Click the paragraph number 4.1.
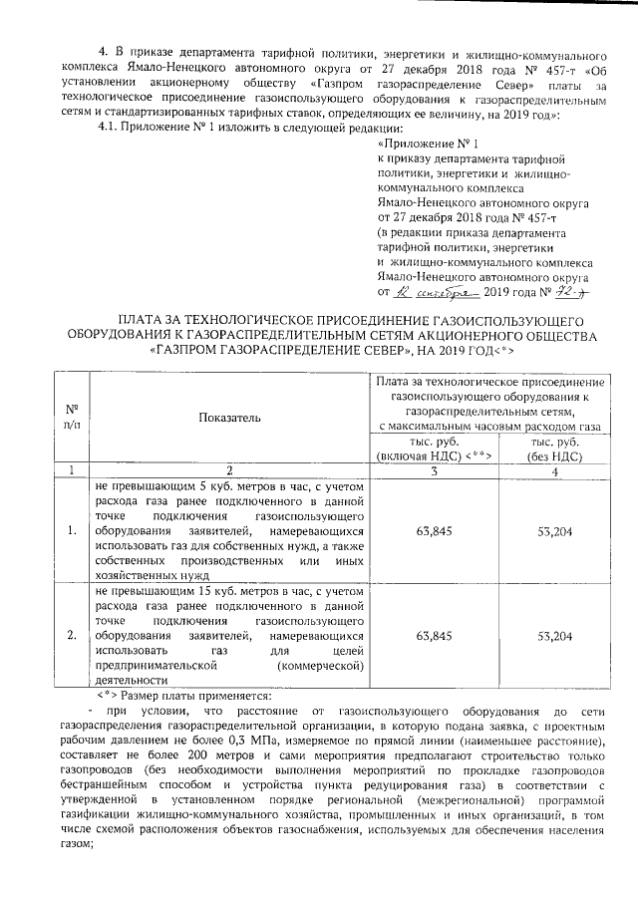[x=107, y=130]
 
